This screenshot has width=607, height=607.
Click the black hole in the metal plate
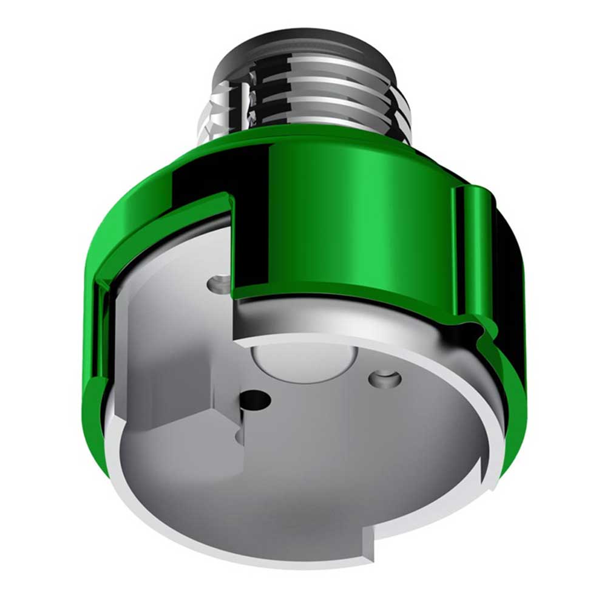[x=254, y=399]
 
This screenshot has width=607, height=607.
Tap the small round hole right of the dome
[x=384, y=379]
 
